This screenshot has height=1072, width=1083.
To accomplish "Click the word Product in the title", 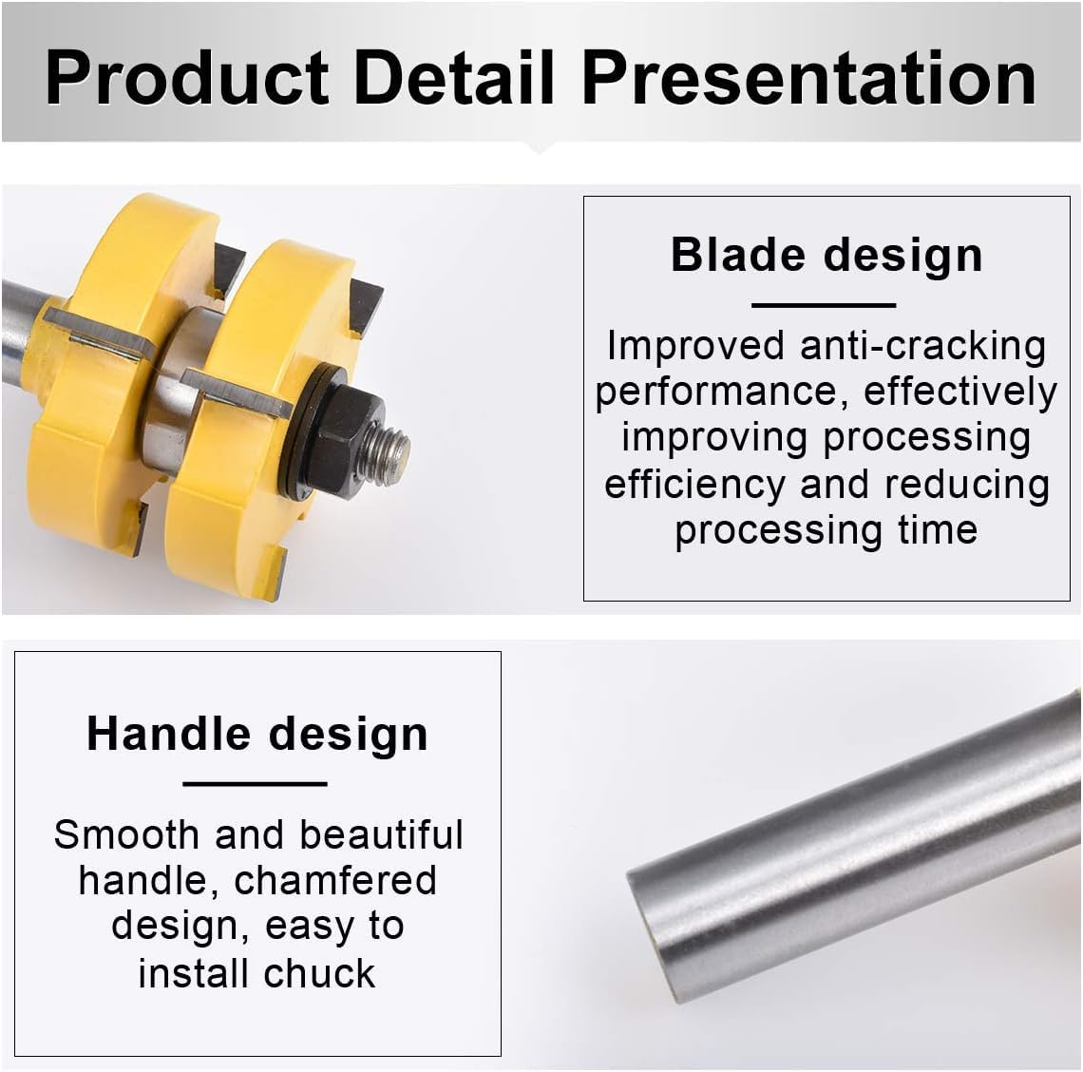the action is tap(186, 77).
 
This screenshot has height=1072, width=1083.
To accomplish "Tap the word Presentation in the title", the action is tap(808, 77).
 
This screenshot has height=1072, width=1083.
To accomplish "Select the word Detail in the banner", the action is tap(454, 77).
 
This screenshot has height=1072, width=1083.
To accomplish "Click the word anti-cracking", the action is tap(922, 346).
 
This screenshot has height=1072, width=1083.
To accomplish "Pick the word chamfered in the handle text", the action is tap(335, 881).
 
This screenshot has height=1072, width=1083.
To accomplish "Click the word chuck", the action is tap(319, 973).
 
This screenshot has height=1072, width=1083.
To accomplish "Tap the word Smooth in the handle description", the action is tap(126, 835).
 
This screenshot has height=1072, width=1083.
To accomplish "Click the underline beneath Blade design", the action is tap(824, 305).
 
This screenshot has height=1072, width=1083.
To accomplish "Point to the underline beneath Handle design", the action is tap(255, 784).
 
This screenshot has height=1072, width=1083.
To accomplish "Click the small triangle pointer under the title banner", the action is tap(541, 148).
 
